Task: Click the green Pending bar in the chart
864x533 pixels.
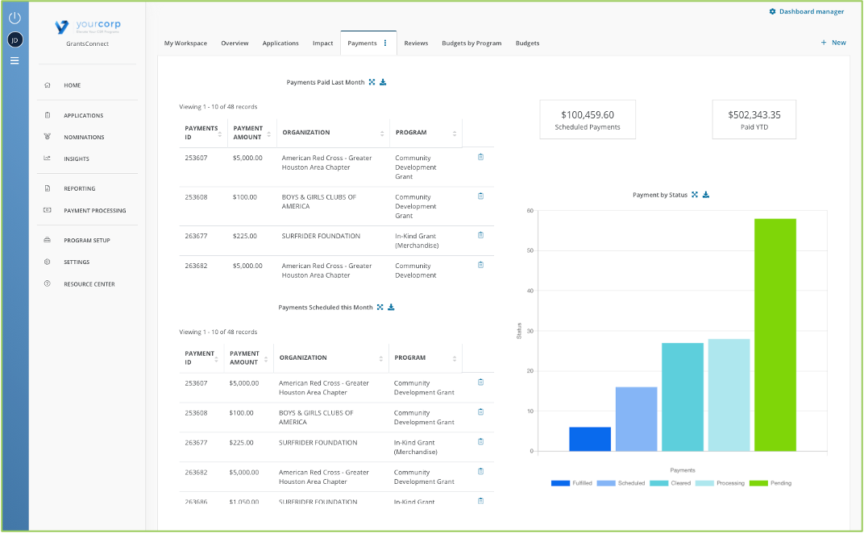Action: point(775,334)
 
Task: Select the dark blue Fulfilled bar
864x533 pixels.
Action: point(590,439)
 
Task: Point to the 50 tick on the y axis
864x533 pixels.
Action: point(530,250)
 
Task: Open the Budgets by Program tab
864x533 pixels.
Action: point(471,43)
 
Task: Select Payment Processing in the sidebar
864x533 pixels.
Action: point(94,210)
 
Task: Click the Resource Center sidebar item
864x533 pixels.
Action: point(89,283)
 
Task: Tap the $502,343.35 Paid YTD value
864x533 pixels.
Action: point(754,115)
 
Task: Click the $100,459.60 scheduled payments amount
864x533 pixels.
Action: point(588,115)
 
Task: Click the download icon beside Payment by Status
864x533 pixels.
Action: point(706,195)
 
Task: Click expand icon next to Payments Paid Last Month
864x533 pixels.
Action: point(372,82)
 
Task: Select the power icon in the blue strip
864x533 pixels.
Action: point(15,17)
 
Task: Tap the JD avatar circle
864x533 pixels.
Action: point(15,39)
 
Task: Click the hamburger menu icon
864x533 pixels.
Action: point(15,60)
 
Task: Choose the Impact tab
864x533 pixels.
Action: point(322,43)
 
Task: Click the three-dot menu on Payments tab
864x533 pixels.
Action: point(385,43)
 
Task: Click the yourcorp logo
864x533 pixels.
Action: point(87,27)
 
